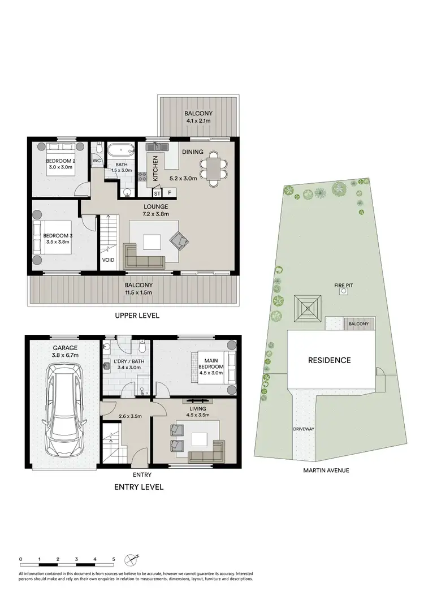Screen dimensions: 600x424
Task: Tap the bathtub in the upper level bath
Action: tap(120, 150)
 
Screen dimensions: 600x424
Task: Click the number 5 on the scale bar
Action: tap(114, 559)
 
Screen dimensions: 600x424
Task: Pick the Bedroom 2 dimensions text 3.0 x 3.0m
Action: tap(61, 167)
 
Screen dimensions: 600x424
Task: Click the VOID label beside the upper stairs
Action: tap(109, 261)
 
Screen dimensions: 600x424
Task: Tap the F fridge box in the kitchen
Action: tap(168, 193)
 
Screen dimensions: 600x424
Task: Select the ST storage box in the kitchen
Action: tap(157, 193)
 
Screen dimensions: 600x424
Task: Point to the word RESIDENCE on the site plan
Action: tap(329, 360)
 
